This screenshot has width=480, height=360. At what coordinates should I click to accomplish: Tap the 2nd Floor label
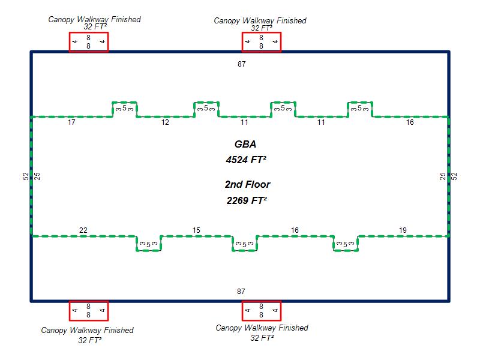coord(247,185)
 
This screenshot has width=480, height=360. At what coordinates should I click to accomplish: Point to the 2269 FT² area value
coord(247,200)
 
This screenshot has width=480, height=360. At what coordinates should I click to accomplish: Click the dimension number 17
coord(71,122)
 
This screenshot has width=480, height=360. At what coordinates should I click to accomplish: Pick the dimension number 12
coord(165,122)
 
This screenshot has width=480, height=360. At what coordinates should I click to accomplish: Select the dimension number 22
coord(83,230)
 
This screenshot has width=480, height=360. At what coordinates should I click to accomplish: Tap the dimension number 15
coord(196,230)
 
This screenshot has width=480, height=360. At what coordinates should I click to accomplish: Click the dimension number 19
coord(403,230)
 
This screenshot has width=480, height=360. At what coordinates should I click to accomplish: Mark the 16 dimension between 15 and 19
coord(295,230)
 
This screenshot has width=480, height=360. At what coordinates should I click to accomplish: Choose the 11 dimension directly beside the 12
coord(244,122)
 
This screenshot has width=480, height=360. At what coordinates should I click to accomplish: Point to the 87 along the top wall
coord(241,63)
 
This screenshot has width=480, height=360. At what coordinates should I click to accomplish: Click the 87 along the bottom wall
coord(241,292)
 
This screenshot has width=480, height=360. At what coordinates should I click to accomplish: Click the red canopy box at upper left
coord(88,42)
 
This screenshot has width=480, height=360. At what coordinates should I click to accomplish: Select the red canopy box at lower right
coord(261,311)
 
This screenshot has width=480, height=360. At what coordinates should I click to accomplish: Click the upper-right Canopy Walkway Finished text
coord(260,21)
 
